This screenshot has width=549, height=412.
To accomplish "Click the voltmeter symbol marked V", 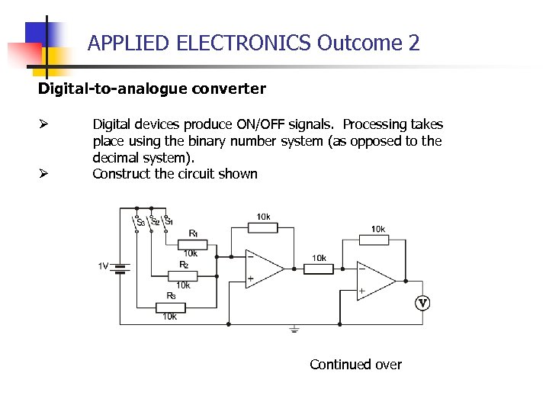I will [422, 304].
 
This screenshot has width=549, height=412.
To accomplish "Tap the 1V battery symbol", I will [120, 267].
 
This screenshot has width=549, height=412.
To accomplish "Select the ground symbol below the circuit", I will [294, 329].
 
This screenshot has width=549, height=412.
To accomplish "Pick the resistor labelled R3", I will [170, 307].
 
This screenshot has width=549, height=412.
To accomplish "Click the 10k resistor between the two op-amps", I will [319, 268].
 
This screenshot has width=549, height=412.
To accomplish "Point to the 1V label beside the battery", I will [103, 266].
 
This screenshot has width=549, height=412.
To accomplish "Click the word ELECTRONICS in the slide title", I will [243, 43].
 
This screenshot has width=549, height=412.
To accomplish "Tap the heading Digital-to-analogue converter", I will [152, 89].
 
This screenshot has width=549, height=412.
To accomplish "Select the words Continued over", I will [355, 364].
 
